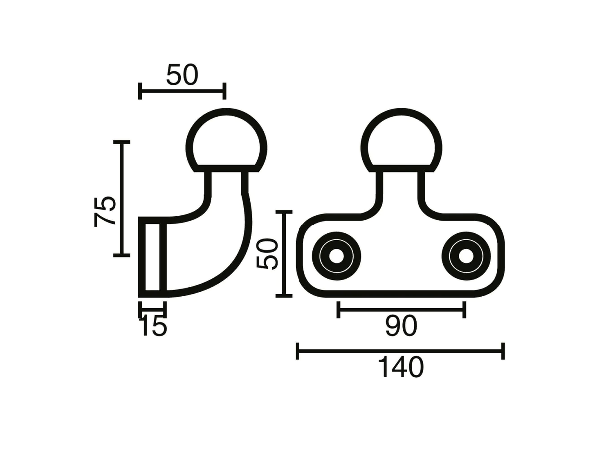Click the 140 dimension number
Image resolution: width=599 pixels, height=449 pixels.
coord(401,368)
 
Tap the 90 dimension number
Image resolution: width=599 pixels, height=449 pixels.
coord(401,327)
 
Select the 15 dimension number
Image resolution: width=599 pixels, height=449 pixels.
coord(153,327)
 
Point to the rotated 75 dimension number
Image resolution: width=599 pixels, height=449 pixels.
coord(105,212)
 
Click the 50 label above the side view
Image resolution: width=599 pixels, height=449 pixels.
coord(182,75)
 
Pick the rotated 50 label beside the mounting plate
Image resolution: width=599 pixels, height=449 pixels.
coord(268,253)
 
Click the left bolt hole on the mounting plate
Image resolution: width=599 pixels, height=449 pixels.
coord(336,256)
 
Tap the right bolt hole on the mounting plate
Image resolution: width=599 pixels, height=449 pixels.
coord(466,256)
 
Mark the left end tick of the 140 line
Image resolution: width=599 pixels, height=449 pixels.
coord(298,351)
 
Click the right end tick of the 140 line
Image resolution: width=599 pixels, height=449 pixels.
coord(503,351)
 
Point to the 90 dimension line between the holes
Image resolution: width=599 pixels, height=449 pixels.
coord(401,310)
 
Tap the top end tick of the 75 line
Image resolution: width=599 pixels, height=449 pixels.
coord(121,142)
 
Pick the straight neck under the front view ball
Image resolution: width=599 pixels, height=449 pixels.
coord(401,190)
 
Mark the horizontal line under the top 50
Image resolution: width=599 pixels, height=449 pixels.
coord(182,91)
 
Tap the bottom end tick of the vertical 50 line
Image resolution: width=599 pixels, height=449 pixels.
coord(284,296)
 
